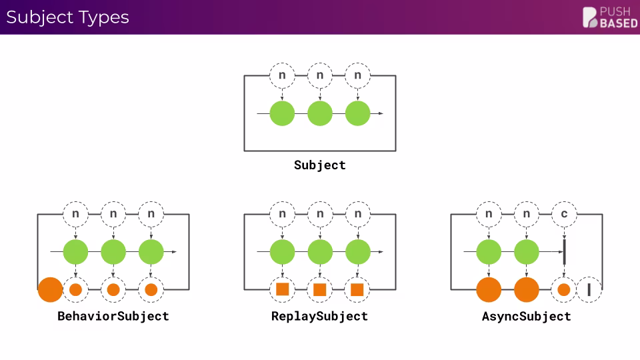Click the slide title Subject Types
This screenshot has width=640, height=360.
67,17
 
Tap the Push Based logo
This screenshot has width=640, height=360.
609,17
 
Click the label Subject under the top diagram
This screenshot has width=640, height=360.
320,165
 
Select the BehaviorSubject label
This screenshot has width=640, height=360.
113,315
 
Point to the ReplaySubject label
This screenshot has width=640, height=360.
320,315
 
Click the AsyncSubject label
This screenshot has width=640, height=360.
527,315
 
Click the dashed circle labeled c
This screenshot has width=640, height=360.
565,214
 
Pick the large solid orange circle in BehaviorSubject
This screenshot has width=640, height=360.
50,289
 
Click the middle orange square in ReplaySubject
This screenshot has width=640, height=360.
320,289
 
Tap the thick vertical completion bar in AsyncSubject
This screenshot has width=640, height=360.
565,252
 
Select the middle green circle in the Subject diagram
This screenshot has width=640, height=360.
320,113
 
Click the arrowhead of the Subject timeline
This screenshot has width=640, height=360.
381,113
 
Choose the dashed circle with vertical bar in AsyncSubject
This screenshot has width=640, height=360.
589,289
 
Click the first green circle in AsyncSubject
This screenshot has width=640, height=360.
489,252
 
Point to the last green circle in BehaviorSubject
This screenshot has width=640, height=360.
151,252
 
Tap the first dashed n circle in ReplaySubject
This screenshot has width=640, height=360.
282,214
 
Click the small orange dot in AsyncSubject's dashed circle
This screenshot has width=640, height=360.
564,289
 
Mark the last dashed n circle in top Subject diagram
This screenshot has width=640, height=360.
358,75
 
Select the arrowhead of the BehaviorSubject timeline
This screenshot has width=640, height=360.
174,252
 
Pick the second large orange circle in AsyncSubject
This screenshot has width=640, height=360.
527,289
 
